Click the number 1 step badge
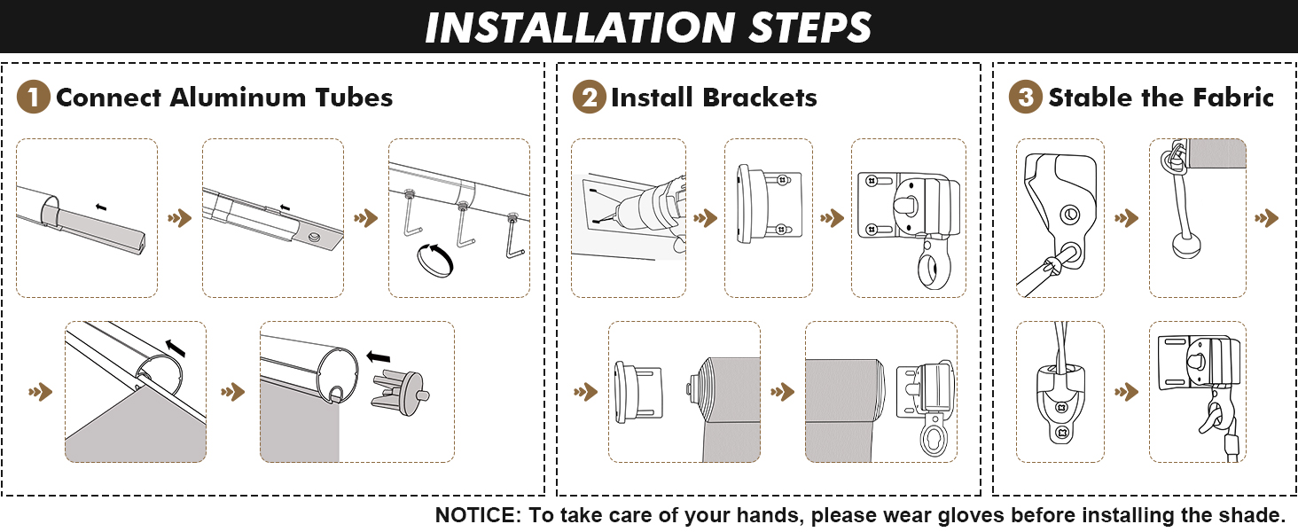(33, 97)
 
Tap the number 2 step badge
(590, 97)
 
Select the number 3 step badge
(1025, 97)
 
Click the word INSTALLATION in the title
(580, 27)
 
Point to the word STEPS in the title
(810, 27)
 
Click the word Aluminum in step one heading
(238, 98)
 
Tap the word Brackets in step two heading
(759, 98)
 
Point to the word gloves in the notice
(971, 515)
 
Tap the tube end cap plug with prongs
(401, 392)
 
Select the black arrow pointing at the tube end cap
(379, 356)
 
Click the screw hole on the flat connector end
(316, 237)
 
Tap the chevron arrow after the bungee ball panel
(1267, 218)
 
